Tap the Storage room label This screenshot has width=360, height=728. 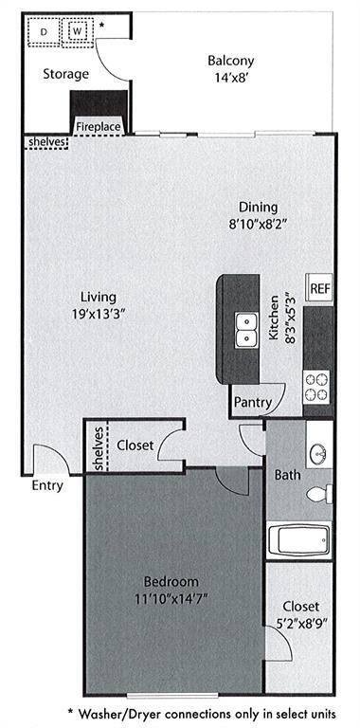point(65,74)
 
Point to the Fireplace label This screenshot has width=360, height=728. point(99,125)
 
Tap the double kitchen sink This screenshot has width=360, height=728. point(246,330)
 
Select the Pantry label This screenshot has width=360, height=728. point(253,402)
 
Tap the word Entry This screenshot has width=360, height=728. point(47,486)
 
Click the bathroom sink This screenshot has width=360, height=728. point(319,453)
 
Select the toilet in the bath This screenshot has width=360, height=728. point(320,494)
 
